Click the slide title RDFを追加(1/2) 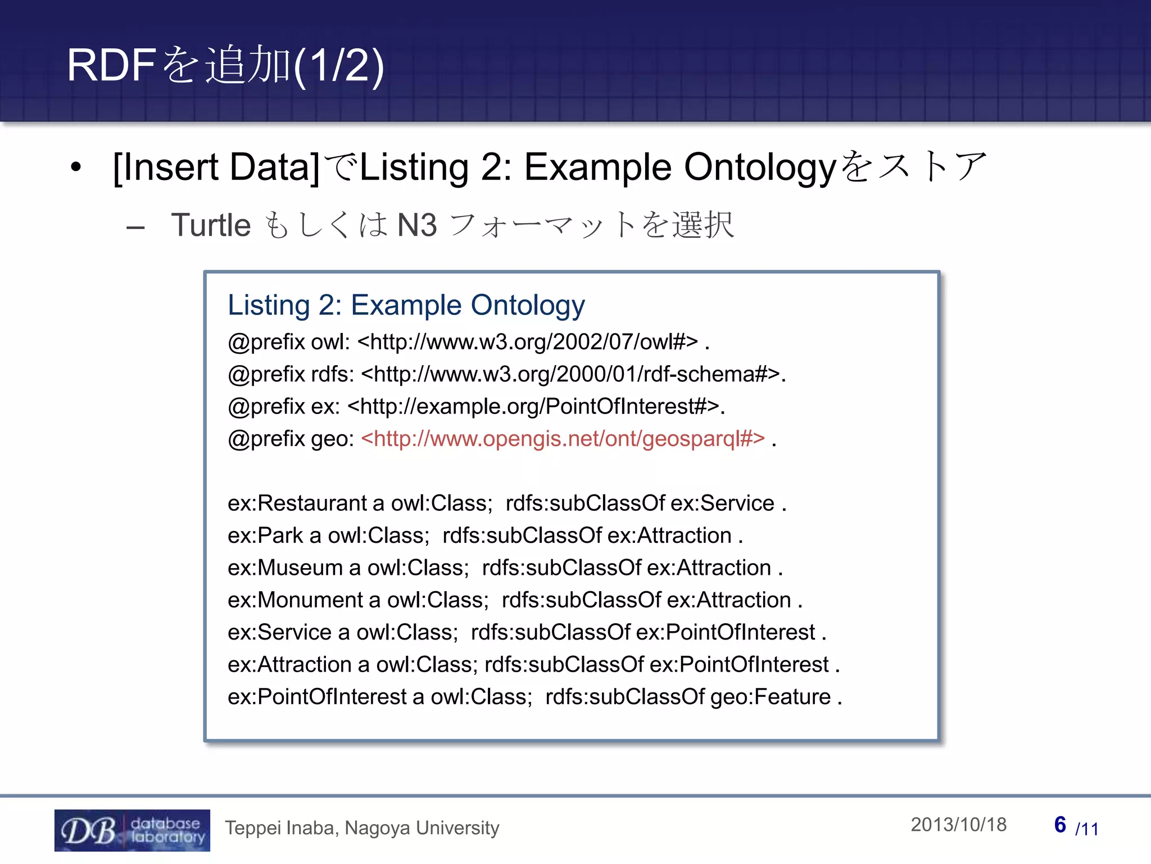point(225,65)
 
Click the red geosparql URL point(563,439)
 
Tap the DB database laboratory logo point(132,830)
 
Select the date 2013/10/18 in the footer point(958,825)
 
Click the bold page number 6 point(1060,825)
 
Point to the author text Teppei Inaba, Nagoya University point(362,828)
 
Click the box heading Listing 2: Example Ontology point(406,305)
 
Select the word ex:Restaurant point(297,503)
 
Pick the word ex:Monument point(295,600)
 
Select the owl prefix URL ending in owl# point(527,342)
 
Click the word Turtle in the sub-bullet point(211,226)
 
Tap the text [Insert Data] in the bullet point(216,167)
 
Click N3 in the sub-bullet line point(416,226)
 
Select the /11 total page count point(1086,829)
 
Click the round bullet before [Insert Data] point(76,167)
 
